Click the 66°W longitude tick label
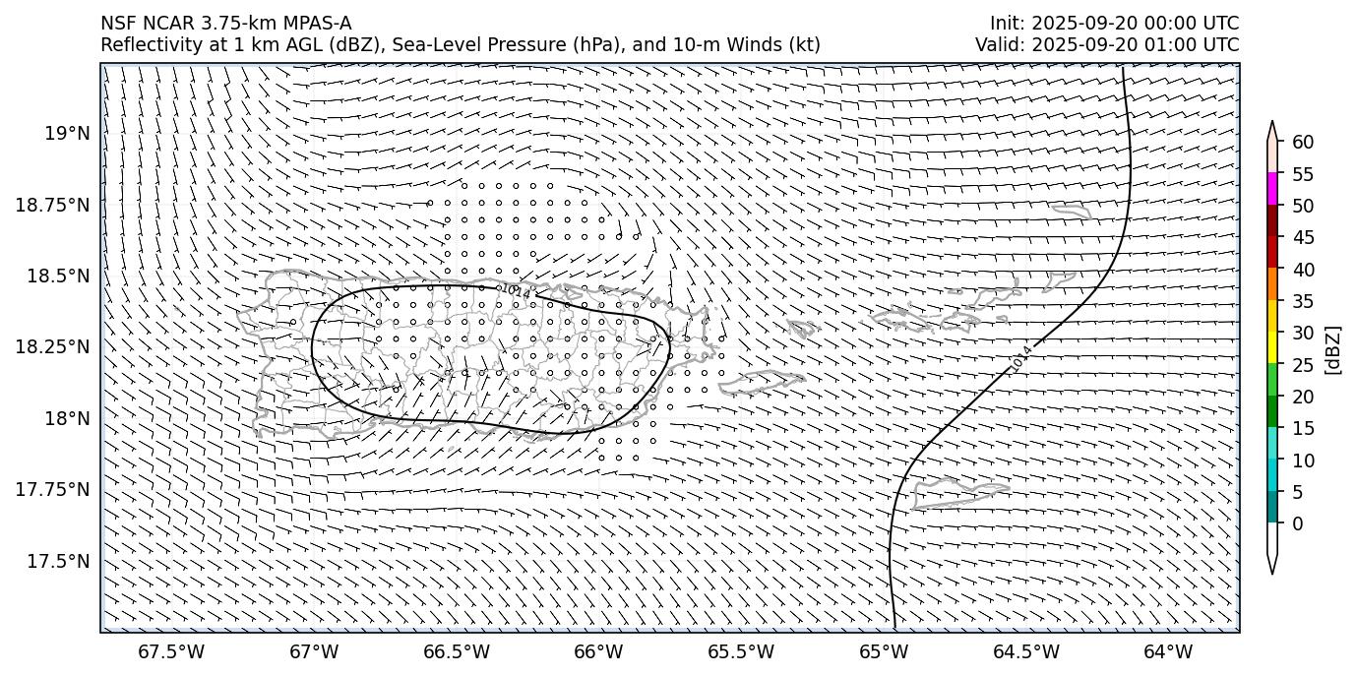point(598,651)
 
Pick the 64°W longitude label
point(1168,651)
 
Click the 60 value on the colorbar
point(1303,143)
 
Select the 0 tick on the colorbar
point(1298,523)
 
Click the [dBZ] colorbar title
point(1333,349)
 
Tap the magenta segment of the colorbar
point(1271,189)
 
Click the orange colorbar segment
point(1271,284)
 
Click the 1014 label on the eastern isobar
point(1020,359)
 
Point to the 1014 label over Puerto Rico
point(514,291)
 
